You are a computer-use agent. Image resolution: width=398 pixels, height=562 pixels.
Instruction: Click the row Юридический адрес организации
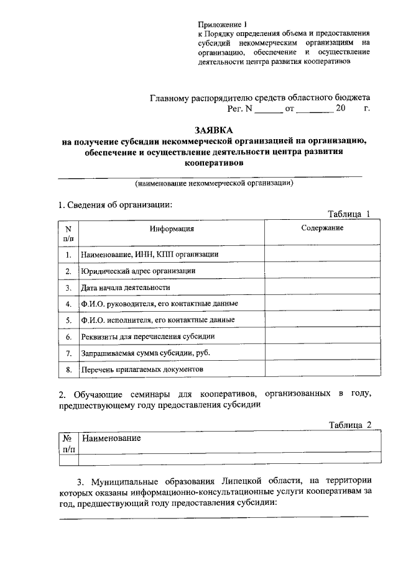pos(139,271)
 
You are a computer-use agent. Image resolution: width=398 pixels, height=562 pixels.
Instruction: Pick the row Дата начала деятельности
pos(125,288)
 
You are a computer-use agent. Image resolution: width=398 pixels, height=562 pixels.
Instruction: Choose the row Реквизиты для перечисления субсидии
pos(148,337)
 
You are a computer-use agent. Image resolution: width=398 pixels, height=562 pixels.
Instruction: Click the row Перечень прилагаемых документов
pos(142,369)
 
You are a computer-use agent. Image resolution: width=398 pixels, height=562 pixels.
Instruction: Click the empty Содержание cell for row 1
pos(322,255)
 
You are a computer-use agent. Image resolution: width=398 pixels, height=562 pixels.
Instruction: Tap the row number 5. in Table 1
pos(68,320)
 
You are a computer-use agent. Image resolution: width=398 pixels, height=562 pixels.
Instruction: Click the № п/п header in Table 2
pos(68,443)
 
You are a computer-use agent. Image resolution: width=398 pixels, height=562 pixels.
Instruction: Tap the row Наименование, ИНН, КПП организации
pos(149,255)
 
